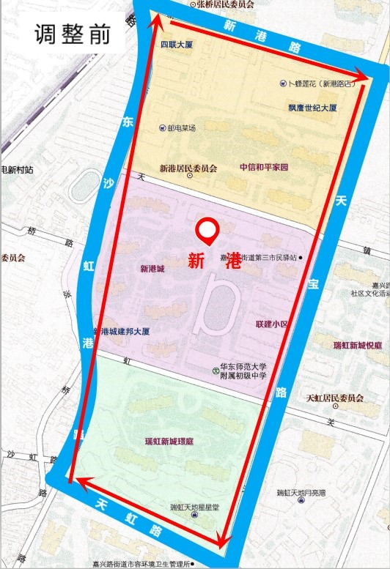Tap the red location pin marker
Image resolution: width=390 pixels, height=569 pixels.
tap(208, 231)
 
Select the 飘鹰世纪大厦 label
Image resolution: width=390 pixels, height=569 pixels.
tap(312, 108)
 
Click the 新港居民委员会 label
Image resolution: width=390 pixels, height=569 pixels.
tap(188, 168)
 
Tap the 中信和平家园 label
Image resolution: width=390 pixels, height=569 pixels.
tap(264, 167)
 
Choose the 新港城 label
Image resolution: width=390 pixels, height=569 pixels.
tap(152, 269)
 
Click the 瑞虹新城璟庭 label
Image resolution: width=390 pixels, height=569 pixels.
tap(169, 442)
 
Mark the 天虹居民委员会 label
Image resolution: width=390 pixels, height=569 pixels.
tap(334, 398)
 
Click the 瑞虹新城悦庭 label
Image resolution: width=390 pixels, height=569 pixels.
tap(357, 345)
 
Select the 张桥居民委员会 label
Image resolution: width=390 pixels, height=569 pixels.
tap(224, 4)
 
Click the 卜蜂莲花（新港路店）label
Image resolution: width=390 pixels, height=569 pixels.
tap(323, 84)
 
